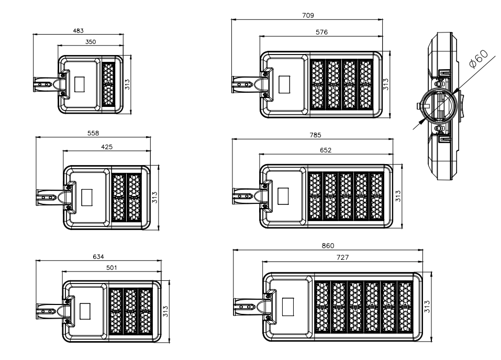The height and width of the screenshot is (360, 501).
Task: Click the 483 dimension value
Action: click(x=79, y=31)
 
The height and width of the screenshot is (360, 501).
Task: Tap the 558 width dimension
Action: click(x=93, y=134)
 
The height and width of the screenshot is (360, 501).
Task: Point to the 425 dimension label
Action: click(x=106, y=147)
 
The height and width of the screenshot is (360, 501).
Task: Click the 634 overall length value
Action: click(x=98, y=256)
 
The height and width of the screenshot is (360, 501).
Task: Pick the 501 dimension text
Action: click(x=112, y=267)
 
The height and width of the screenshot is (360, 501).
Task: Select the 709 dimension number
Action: click(x=308, y=16)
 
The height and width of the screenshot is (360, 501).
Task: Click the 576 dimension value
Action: click(x=322, y=32)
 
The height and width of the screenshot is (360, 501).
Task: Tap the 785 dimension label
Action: click(x=315, y=135)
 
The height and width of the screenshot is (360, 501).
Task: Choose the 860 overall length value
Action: click(x=328, y=246)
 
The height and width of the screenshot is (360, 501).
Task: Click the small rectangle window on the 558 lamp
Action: click(x=87, y=197)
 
